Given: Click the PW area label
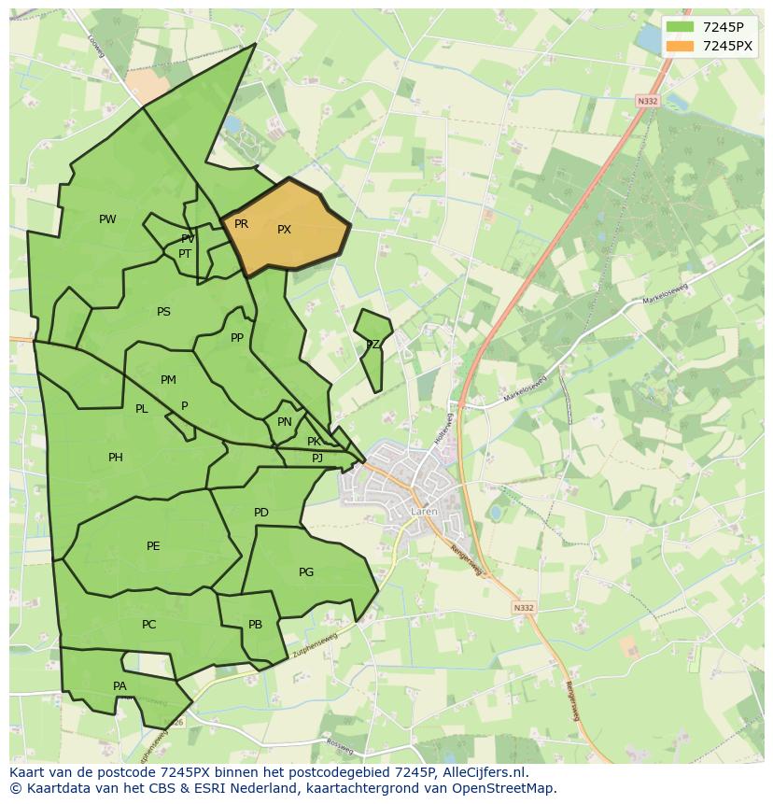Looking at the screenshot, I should (107, 219).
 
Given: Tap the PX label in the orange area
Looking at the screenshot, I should (284, 230).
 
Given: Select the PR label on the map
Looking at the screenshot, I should (241, 224).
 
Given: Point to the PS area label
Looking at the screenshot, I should (163, 312).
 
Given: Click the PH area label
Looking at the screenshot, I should (115, 458).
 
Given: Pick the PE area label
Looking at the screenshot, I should (153, 546).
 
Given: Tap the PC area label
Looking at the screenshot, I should (148, 625).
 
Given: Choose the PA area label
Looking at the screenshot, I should (119, 686).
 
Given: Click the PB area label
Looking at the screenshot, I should (255, 625).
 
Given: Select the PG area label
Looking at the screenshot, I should (306, 572).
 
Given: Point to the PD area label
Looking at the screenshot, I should (261, 513).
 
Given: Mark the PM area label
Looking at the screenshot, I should (168, 380).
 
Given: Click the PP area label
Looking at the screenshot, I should (237, 338).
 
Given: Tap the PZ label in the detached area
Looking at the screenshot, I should (372, 345).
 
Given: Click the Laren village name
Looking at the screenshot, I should (423, 512).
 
